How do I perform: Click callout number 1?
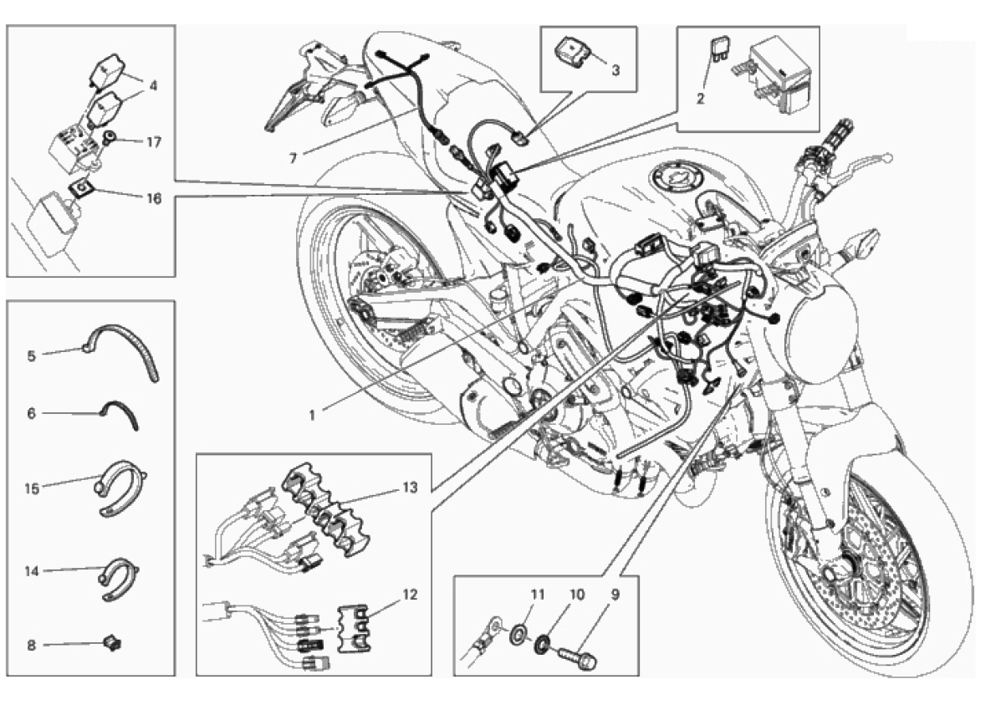(312, 416)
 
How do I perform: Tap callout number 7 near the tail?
(293, 158)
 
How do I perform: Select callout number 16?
(154, 198)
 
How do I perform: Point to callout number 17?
(154, 141)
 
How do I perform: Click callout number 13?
(410, 488)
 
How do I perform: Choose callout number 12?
(410, 595)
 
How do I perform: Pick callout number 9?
(615, 595)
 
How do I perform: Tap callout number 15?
(32, 489)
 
